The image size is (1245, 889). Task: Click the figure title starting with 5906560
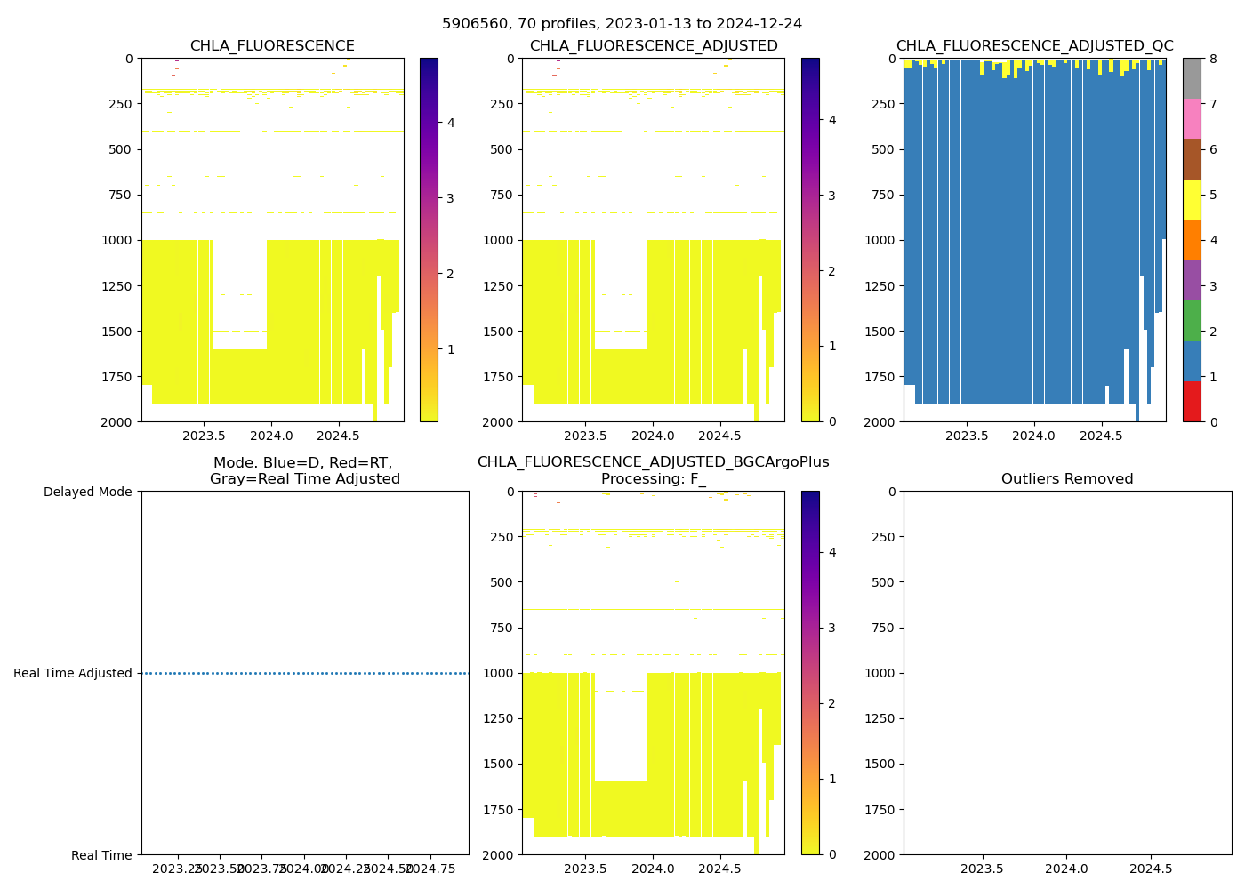[x=622, y=24]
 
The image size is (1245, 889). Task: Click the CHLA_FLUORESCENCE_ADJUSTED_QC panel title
[x=1034, y=46]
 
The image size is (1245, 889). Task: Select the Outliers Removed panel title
[x=1067, y=479]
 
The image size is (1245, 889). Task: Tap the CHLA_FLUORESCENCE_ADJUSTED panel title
[x=654, y=46]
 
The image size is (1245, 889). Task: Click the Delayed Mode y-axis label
[x=87, y=492]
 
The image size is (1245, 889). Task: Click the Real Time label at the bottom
[x=101, y=855]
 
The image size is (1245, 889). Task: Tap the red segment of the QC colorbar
[x=1192, y=401]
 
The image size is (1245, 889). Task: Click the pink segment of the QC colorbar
[x=1192, y=118]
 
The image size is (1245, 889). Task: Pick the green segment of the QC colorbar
[x=1192, y=320]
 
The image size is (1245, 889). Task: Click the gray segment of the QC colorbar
[x=1192, y=78]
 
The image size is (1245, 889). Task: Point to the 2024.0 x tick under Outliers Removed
[x=1066, y=867]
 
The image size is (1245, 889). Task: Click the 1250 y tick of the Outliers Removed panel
[x=881, y=718]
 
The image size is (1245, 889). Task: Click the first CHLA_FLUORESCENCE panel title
[x=272, y=46]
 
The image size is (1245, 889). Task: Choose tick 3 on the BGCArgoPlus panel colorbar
[x=831, y=628]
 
